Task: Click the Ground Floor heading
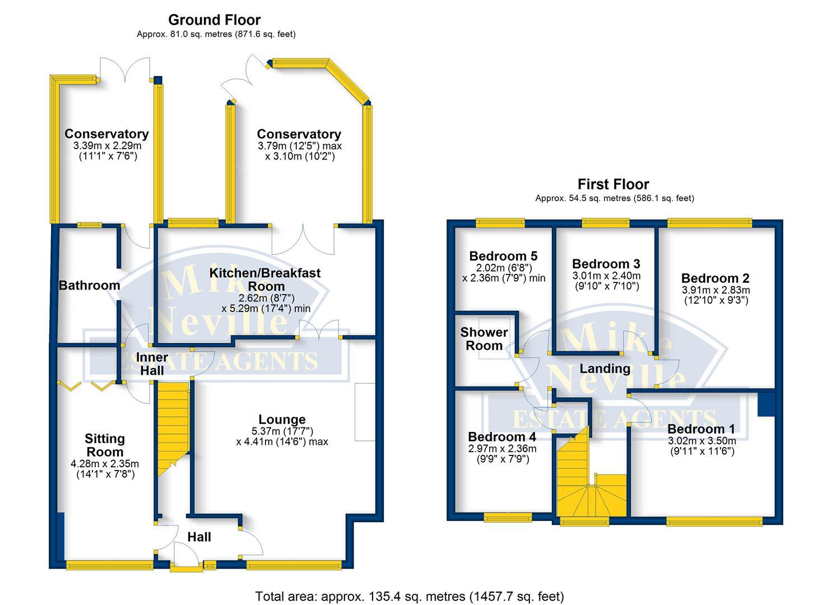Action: click(214, 20)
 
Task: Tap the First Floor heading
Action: click(613, 184)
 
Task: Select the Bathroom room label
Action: click(89, 285)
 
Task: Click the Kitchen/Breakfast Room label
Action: click(265, 279)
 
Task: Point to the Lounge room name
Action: click(282, 420)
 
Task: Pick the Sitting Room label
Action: click(105, 445)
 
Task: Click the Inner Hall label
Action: click(152, 364)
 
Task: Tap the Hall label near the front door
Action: click(199, 537)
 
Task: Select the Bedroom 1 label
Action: click(701, 429)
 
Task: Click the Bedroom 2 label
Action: click(715, 278)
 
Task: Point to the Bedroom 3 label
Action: click(606, 264)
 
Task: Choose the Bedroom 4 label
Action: click(502, 436)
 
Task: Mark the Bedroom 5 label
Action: click(503, 256)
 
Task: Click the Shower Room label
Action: click(484, 338)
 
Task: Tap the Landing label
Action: click(605, 369)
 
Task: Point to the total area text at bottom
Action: click(409, 596)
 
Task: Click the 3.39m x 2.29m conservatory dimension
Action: click(107, 146)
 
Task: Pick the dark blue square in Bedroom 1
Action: click(765, 404)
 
